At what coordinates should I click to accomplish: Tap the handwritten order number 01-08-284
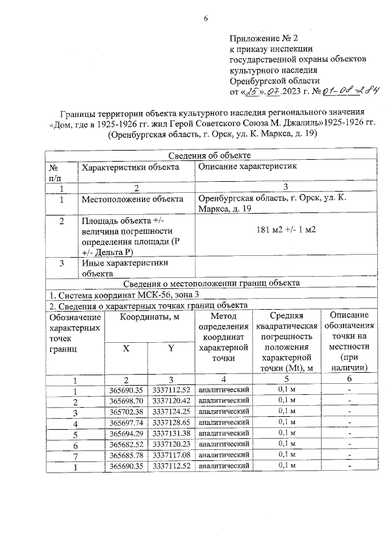350,91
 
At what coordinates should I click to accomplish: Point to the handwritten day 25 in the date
251,92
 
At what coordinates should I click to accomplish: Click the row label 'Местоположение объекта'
132,199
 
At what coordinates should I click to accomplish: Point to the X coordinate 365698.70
126,400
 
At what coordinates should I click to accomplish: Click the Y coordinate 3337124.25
171,411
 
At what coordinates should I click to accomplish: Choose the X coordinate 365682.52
126,444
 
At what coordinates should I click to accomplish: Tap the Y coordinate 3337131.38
171,433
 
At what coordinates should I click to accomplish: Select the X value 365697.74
126,422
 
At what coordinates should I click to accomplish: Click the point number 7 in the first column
75,455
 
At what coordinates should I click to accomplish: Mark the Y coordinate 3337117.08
171,455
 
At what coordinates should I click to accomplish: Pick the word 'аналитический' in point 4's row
222,422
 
